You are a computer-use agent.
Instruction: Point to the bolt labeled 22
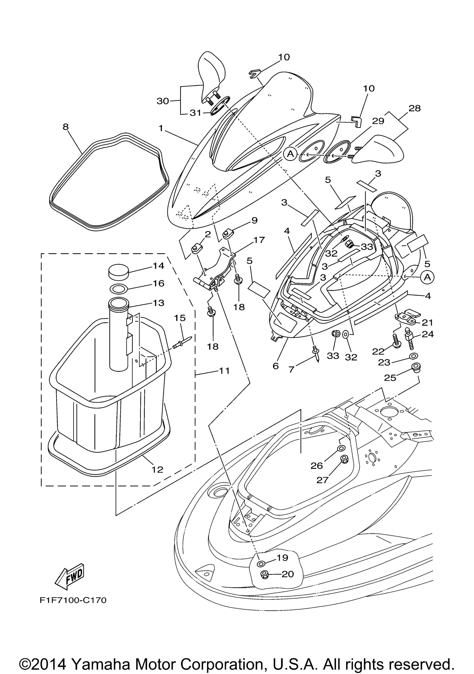(x=396, y=341)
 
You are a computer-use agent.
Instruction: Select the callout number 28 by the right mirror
(x=414, y=108)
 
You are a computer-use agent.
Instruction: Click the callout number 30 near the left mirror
(x=162, y=101)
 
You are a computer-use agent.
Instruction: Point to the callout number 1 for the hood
(x=161, y=128)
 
